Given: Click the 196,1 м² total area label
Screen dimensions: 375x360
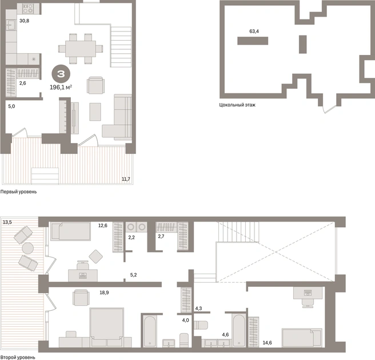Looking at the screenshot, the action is (61, 87).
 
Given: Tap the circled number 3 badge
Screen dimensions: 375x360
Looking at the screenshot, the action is (61, 74).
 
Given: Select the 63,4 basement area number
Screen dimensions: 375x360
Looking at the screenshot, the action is (254, 31).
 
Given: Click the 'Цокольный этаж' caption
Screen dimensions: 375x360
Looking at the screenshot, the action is (237, 105).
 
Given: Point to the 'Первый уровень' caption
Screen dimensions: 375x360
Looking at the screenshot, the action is (18, 192).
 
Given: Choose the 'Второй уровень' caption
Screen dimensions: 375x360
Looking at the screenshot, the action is (18, 357).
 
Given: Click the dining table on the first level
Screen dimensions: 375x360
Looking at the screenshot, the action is (81, 49).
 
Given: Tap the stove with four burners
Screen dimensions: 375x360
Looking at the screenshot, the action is (28, 9).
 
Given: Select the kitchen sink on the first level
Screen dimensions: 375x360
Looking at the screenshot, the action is (11, 25).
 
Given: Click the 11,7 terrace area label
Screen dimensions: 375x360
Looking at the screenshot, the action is (126, 179).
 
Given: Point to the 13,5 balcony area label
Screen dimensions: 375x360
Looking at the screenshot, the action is (7, 222).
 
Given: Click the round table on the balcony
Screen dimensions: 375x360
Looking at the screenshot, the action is (28, 248).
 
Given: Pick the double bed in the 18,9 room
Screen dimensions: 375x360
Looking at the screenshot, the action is (107, 324).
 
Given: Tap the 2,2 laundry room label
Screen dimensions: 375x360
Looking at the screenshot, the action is (131, 238).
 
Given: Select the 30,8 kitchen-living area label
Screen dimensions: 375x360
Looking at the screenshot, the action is (24, 21).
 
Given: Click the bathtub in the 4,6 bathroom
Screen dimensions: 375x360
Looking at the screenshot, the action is (239, 331).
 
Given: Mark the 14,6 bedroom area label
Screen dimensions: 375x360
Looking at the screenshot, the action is (267, 343).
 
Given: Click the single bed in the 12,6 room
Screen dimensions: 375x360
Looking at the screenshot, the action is (71, 231).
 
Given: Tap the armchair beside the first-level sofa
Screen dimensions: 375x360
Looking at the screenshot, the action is (95, 85).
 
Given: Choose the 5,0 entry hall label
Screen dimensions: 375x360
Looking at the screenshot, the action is (11, 106).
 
